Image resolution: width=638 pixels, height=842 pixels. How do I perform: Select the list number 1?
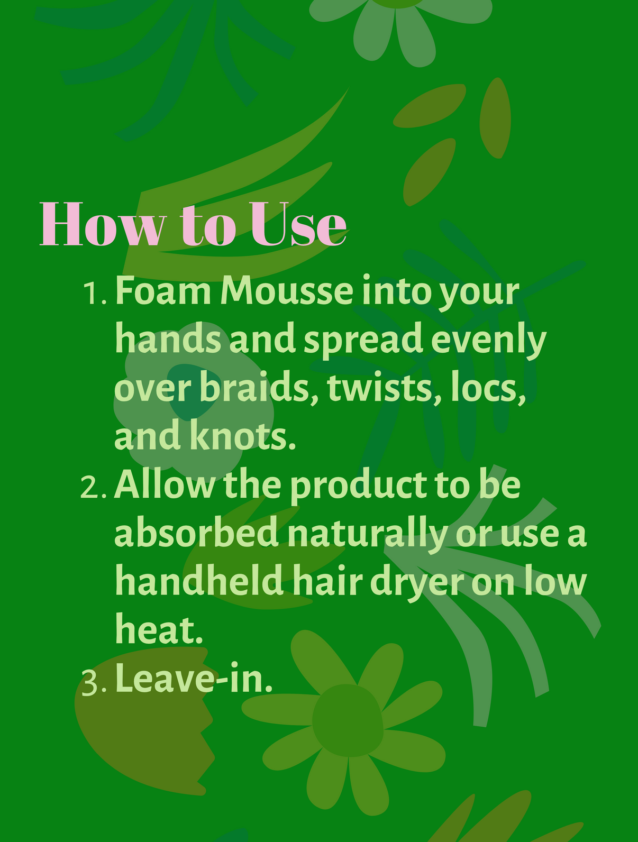(x=96, y=294)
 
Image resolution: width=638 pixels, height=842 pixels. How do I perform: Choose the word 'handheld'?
(x=199, y=582)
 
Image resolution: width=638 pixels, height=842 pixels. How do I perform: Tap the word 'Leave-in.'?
(x=194, y=680)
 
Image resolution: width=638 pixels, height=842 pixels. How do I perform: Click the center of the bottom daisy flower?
(x=347, y=719)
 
